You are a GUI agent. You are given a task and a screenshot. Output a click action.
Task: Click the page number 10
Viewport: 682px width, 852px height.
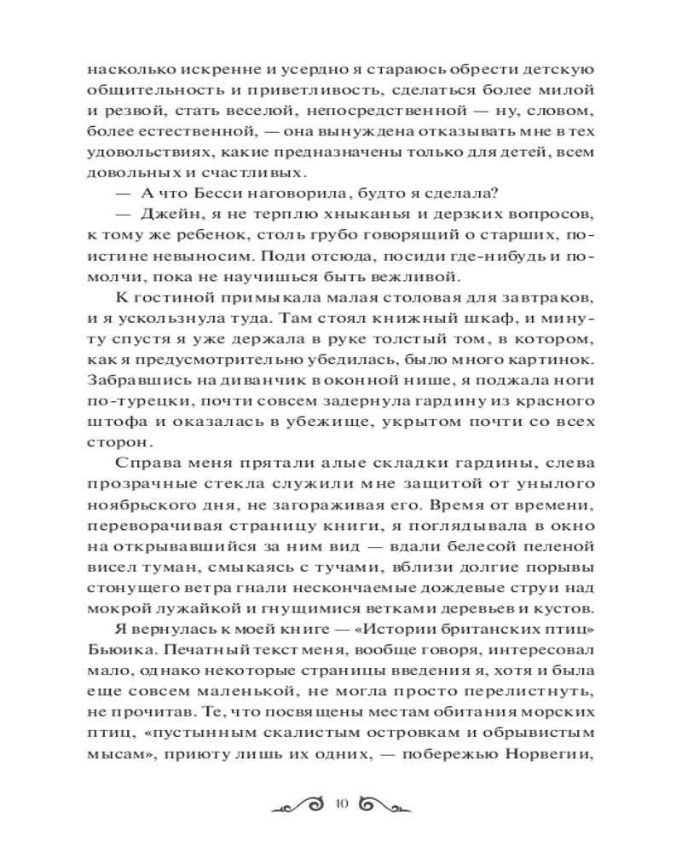pos(343,803)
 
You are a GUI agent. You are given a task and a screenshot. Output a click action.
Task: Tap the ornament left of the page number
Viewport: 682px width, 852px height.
pos(298,803)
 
